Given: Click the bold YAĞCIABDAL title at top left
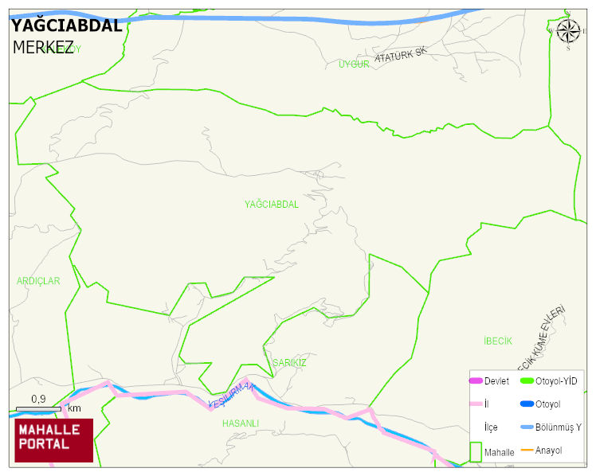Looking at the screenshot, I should tap(67, 25).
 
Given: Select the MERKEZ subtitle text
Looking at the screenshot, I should tap(43, 47).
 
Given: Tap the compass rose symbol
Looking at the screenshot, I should tap(568, 31).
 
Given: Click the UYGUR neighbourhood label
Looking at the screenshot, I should tap(354, 64).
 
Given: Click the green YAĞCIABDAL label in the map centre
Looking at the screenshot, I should tap(272, 205).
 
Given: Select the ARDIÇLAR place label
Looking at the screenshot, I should tap(38, 281).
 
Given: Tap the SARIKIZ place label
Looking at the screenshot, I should tap(289, 363).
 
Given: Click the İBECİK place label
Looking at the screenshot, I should tap(498, 341).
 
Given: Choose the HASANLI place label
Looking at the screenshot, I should tap(241, 423).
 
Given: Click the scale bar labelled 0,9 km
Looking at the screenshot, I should tap(37, 408).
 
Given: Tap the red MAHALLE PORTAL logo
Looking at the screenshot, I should tap(53, 440).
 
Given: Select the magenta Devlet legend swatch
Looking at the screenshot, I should tap(476, 381).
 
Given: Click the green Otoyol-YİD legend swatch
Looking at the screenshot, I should tap(527, 381).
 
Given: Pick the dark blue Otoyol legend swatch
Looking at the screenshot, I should tap(527, 404).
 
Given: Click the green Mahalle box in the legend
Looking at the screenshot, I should tap(476, 451).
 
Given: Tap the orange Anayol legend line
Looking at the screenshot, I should tap(527, 451).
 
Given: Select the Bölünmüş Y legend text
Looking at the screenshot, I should tap(558, 427).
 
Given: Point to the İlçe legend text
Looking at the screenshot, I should tap(491, 427).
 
